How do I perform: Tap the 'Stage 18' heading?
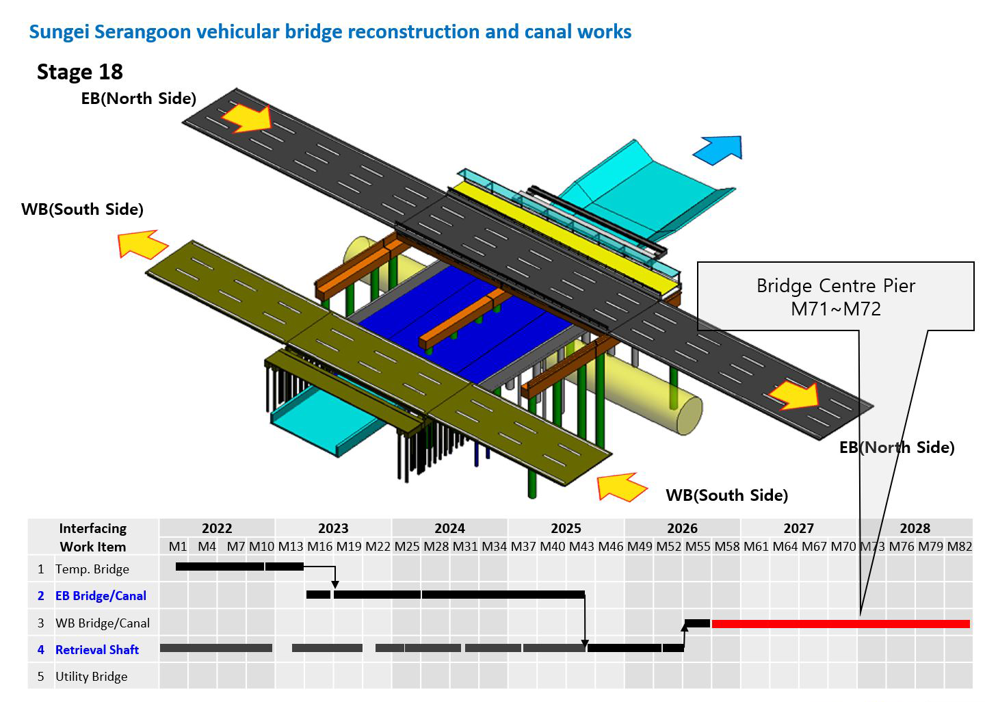click(79, 72)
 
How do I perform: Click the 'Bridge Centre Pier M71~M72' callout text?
click(835, 298)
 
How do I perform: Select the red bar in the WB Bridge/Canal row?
click(841, 624)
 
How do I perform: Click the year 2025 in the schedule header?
click(566, 528)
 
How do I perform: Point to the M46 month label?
click(611, 547)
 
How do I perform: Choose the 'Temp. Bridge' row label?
click(92, 569)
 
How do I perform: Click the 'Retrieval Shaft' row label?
click(96, 650)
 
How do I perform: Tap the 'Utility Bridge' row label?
click(92, 677)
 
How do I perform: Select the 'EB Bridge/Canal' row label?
click(101, 595)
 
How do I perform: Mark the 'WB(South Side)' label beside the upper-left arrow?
click(82, 209)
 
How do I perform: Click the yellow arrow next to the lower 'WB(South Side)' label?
click(622, 487)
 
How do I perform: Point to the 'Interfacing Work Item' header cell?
click(93, 538)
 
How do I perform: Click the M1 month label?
click(178, 547)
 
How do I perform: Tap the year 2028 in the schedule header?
click(915, 528)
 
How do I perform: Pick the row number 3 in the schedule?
click(41, 623)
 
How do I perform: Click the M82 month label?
click(960, 547)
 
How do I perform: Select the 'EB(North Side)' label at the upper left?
click(138, 99)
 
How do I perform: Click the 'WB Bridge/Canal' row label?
click(103, 623)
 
